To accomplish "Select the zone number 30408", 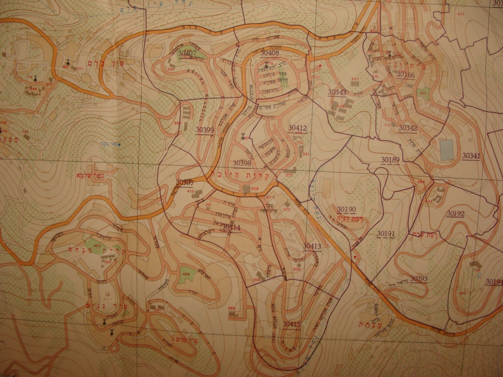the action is [x=270, y=53].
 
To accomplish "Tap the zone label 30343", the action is [x=337, y=92].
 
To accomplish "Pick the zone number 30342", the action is [x=408, y=128].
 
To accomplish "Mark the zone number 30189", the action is [x=390, y=160].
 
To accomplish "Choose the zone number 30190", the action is [x=346, y=209].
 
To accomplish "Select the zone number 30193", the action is [x=419, y=279].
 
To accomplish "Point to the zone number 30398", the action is [x=242, y=163].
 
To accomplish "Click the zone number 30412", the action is [x=297, y=128].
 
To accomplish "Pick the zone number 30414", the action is [x=231, y=227].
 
